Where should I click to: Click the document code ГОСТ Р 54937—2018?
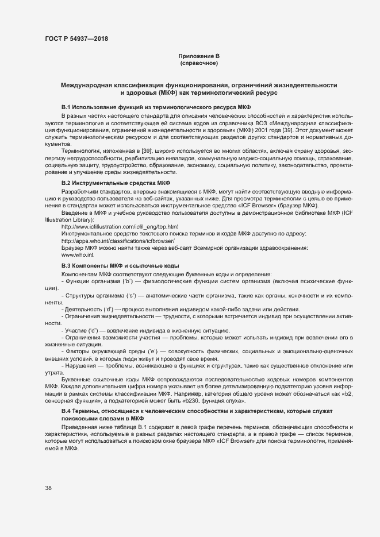point(76,38)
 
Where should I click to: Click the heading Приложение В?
point(199,56)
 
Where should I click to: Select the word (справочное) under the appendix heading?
point(199,63)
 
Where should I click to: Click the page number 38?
point(48,488)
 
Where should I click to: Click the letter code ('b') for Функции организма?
point(128,281)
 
